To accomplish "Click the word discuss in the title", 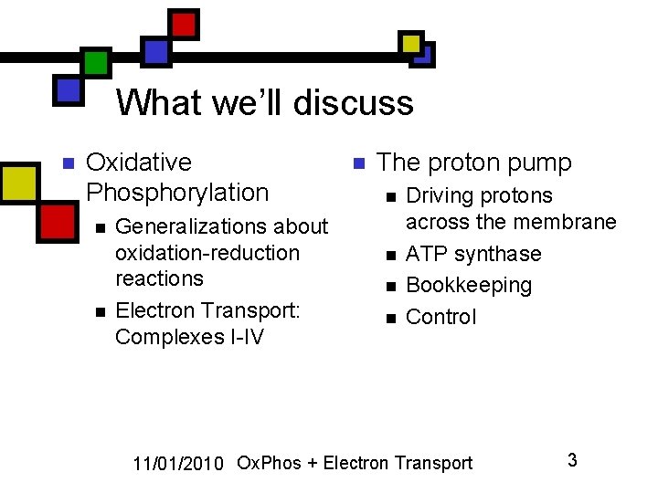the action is click(x=354, y=102).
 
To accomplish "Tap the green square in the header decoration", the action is click(x=96, y=62).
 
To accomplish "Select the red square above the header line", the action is click(x=184, y=25).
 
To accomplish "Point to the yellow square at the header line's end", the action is click(x=411, y=44).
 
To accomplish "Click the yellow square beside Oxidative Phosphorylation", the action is click(x=20, y=184).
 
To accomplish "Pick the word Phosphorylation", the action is click(x=177, y=193).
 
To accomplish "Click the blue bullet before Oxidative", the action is click(x=69, y=163).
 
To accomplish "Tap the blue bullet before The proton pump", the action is click(x=359, y=163).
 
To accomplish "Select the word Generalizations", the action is click(x=191, y=226).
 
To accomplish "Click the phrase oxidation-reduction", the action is click(x=207, y=253).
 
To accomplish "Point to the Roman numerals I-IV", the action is click(x=247, y=337).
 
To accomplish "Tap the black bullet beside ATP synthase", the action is click(x=391, y=256).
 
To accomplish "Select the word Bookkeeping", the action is click(x=469, y=286).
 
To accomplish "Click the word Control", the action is click(x=440, y=317).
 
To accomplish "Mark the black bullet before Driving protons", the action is click(x=391, y=197).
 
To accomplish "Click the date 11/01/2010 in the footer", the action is click(x=178, y=464).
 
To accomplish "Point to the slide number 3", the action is click(x=572, y=460).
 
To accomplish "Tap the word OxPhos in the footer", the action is click(x=269, y=463).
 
